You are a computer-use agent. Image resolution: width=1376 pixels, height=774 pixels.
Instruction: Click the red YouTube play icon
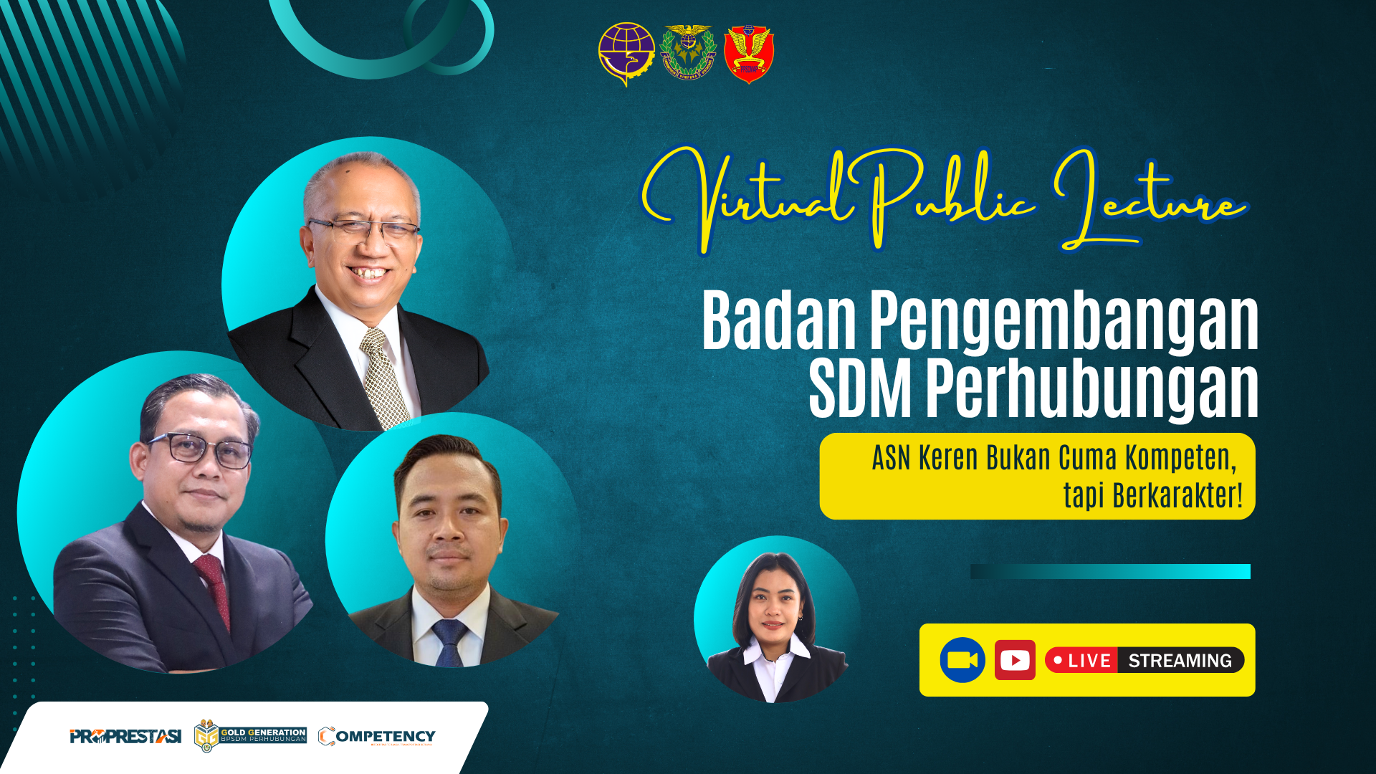click(x=1015, y=660)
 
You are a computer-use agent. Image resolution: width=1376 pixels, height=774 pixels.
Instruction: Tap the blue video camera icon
click(x=962, y=660)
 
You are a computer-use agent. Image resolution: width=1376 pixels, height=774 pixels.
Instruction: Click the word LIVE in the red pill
click(x=1089, y=661)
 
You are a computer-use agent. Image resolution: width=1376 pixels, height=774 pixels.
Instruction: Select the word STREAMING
click(x=1180, y=661)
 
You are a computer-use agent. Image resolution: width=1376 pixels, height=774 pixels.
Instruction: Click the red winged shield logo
click(x=749, y=54)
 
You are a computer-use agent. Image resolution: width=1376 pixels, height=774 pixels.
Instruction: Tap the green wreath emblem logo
click(x=688, y=52)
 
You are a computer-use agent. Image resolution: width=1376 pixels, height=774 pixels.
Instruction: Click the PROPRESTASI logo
click(x=125, y=736)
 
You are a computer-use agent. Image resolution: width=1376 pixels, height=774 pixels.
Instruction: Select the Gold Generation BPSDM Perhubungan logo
click(x=250, y=736)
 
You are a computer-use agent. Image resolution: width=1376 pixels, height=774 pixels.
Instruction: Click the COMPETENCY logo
click(x=377, y=737)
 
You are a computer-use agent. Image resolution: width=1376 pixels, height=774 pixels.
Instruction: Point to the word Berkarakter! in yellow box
click(x=1177, y=496)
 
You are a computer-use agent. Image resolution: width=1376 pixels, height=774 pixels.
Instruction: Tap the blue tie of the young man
click(x=449, y=642)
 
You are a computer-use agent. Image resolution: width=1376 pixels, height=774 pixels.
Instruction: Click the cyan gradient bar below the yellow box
click(x=1110, y=571)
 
